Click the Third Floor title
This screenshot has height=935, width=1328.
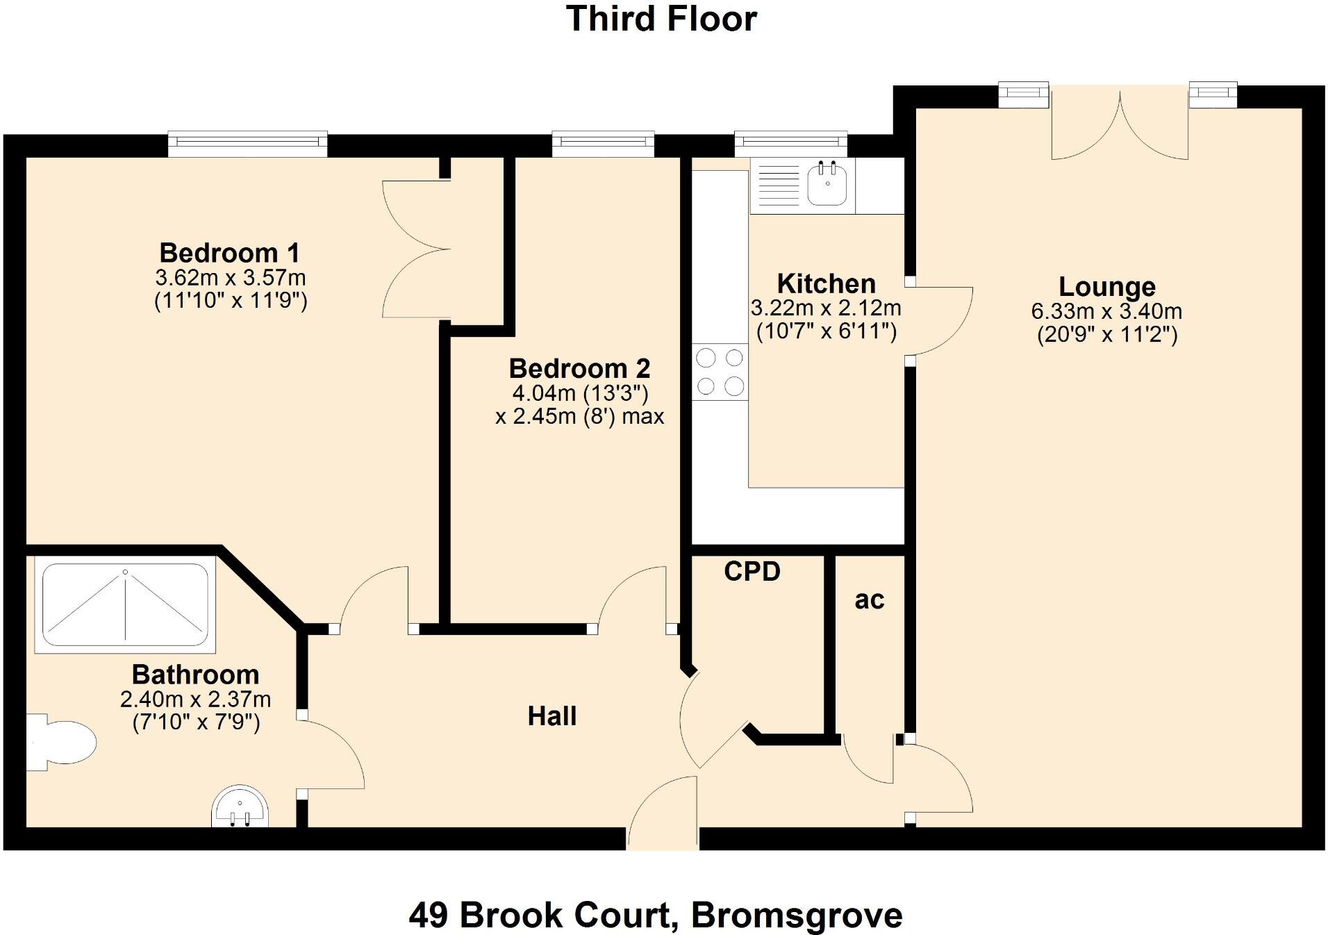coord(661,19)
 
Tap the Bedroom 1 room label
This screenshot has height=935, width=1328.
coord(229,253)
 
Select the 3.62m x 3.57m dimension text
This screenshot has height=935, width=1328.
coord(230,278)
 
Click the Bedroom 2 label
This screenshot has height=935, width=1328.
coord(579,368)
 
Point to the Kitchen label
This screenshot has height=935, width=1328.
coord(826,283)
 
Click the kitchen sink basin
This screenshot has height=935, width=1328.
coord(827,185)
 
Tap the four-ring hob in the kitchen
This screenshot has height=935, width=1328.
coord(720,372)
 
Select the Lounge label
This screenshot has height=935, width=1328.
coord(1106,286)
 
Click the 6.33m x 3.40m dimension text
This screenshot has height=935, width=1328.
coord(1106,311)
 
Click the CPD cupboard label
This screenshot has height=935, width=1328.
coord(752,571)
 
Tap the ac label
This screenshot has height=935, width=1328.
coord(870,599)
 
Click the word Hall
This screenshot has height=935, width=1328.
coord(551,716)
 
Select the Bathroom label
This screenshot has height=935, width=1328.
coord(195,675)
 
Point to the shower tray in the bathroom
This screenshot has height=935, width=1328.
coord(125,606)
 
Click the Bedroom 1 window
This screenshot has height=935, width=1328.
coord(247,142)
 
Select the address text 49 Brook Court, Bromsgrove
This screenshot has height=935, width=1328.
coord(655,915)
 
